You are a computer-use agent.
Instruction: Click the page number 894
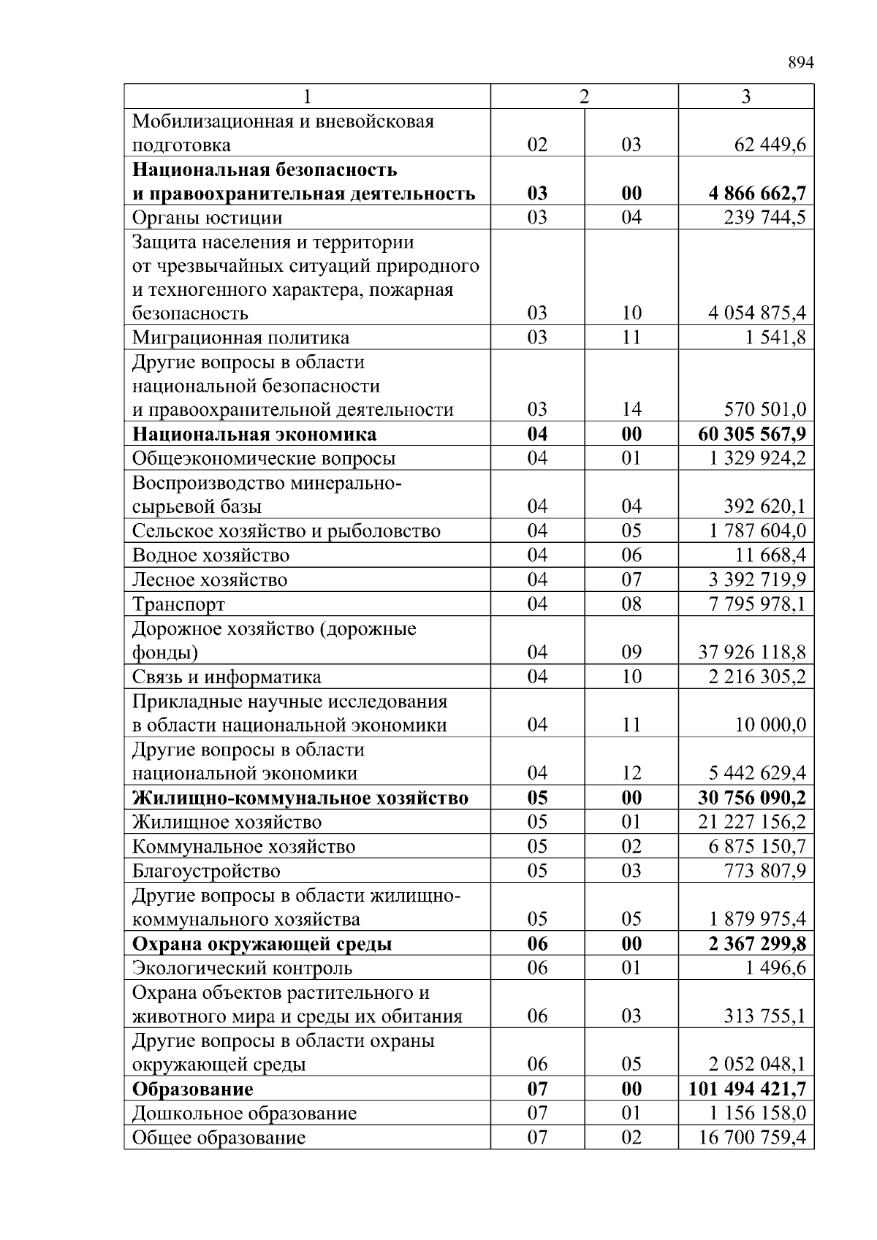(x=800, y=63)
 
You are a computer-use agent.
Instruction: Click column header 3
(x=745, y=96)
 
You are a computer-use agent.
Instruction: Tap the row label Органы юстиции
(x=207, y=218)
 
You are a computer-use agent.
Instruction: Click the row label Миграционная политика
(x=240, y=338)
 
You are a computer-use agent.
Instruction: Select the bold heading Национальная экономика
(x=254, y=434)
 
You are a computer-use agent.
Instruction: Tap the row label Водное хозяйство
(x=210, y=555)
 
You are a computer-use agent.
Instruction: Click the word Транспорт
(x=178, y=604)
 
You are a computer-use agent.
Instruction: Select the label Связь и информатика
(x=227, y=677)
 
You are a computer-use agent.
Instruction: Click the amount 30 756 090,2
(x=752, y=797)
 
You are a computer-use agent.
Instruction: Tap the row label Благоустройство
(x=206, y=871)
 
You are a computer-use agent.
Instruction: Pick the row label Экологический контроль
(x=242, y=968)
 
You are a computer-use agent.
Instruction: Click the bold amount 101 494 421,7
(x=747, y=1089)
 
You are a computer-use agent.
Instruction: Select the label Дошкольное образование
(x=244, y=1114)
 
